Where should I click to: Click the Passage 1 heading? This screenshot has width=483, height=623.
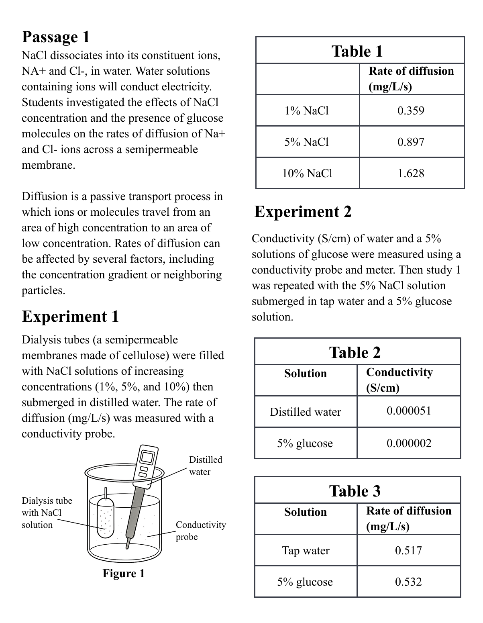(x=56, y=37)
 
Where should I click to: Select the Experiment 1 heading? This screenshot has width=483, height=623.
(x=70, y=317)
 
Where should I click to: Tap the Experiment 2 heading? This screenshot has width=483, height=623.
(x=303, y=212)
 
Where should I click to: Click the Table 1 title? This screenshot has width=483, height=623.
(x=357, y=51)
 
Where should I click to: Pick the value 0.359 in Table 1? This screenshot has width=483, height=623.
(x=411, y=111)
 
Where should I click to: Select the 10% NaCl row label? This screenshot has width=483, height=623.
(x=307, y=174)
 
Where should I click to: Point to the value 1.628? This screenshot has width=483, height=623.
(x=411, y=174)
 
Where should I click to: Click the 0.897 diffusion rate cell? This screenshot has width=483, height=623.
(x=411, y=142)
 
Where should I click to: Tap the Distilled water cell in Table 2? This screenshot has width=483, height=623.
(x=305, y=412)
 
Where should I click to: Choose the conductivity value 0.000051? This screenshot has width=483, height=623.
(x=409, y=411)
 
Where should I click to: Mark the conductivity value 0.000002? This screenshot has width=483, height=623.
(x=409, y=443)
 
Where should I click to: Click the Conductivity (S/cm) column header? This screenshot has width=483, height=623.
(x=399, y=380)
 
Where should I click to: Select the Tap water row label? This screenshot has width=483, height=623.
(x=306, y=551)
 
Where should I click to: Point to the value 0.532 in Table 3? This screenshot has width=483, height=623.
(x=408, y=582)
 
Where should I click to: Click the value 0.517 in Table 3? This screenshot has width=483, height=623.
(x=408, y=551)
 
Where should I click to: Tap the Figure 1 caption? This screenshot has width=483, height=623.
(x=123, y=574)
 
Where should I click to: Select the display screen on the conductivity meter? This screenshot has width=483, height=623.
(x=147, y=457)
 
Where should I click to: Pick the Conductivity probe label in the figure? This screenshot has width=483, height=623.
(x=200, y=531)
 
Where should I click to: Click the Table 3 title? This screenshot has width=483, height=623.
(x=355, y=491)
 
